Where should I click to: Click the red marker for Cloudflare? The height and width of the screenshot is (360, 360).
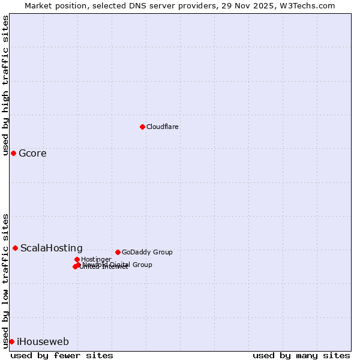click(x=142, y=127)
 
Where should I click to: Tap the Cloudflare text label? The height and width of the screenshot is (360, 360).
click(x=163, y=127)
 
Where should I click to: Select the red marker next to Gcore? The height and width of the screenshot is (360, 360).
click(x=13, y=153)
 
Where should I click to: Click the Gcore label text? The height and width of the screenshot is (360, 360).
click(x=32, y=154)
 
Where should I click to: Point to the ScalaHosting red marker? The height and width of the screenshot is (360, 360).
click(x=15, y=248)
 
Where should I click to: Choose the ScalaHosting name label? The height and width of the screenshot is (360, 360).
click(x=52, y=248)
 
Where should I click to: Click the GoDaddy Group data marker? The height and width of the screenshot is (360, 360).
click(x=118, y=252)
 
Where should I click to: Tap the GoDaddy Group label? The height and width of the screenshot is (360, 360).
click(x=147, y=253)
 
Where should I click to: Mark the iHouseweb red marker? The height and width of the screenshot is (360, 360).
click(x=11, y=341)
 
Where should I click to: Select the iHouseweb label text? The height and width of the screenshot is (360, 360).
click(x=43, y=342)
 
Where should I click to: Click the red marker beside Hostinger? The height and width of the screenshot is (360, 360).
click(x=77, y=259)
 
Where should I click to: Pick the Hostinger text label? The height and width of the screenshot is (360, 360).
click(x=97, y=259)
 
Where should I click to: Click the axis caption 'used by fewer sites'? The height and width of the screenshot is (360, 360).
click(x=62, y=355)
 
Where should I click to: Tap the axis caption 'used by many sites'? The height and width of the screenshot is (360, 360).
click(x=301, y=355)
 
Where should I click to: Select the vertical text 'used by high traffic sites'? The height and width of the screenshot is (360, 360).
click(x=5, y=85)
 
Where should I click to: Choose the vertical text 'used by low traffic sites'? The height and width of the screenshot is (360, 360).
click(x=5, y=280)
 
